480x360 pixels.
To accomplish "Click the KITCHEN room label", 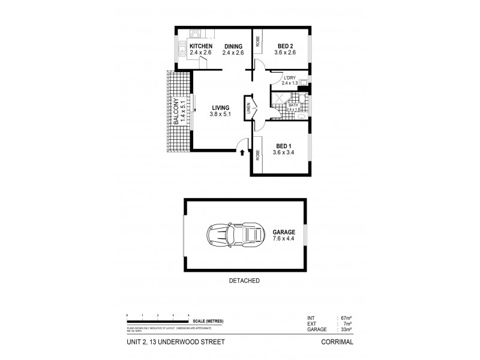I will point(201,46).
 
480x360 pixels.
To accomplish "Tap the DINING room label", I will point(234,46).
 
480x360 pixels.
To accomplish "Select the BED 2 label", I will point(286,46).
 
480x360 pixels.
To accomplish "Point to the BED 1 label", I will point(284,146).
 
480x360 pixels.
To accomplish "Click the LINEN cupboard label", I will point(248,109).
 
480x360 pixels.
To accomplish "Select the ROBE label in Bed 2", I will point(257,41).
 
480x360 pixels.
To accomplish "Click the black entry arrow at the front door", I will point(242,152).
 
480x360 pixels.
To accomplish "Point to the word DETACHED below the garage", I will point(244,280).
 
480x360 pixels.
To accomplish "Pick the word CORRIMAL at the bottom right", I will point(337,342).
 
